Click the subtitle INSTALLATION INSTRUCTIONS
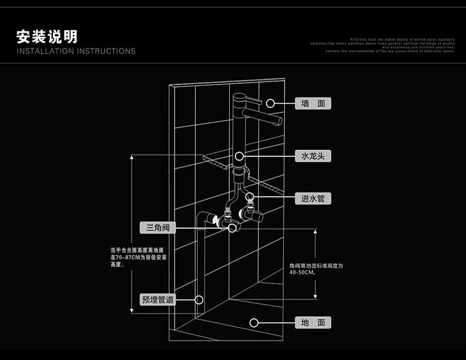(x=76, y=51)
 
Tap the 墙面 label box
(x=313, y=103)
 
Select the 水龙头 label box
(x=313, y=155)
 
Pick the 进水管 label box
(x=313, y=198)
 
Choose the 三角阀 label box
(x=157, y=228)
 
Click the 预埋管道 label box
(x=157, y=299)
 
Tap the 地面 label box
(x=313, y=322)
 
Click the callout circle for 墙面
(x=271, y=103)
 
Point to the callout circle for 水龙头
(x=240, y=155)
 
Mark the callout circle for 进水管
(x=251, y=198)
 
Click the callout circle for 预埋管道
(x=199, y=299)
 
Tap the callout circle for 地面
(x=254, y=322)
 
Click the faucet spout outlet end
(x=279, y=121)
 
